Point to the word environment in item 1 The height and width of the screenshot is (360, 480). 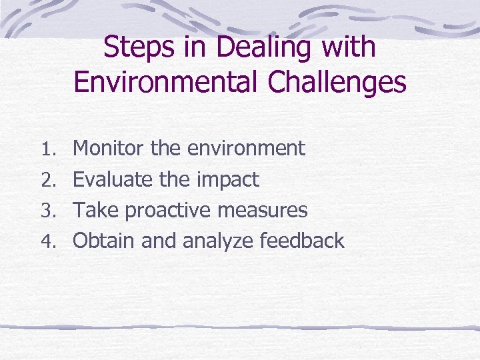pyautogui.click(x=246, y=148)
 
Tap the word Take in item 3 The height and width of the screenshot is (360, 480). pyautogui.click(x=95, y=210)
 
